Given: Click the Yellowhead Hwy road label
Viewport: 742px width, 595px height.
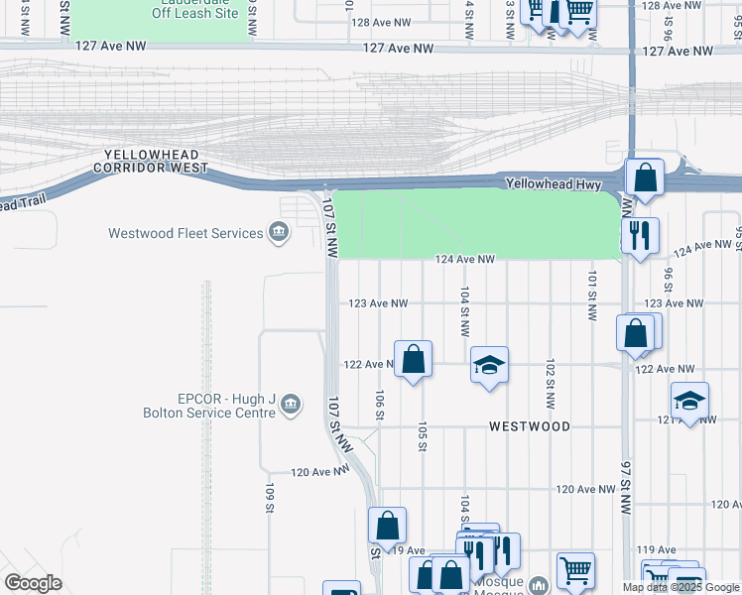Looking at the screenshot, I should point(548,183).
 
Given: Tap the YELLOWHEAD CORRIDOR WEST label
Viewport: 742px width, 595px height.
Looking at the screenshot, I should point(151,162).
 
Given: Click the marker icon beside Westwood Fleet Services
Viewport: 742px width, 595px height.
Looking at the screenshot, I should point(279,234).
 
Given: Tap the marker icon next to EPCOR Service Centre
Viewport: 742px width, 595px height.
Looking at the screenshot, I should point(291,404).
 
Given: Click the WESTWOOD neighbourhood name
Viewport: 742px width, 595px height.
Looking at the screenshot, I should point(530,426).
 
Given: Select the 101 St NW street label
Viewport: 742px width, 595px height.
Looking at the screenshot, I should point(591,296).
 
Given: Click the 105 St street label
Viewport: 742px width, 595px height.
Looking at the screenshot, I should point(423,436).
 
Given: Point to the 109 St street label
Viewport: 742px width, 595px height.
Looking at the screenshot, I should point(269,498).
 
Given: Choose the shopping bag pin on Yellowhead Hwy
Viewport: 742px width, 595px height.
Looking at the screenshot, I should point(645,178).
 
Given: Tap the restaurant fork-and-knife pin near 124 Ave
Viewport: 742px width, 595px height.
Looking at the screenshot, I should point(640,236).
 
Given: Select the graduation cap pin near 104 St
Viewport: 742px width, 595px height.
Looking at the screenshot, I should point(489,365).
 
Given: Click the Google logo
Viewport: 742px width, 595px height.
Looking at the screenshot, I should point(34,583).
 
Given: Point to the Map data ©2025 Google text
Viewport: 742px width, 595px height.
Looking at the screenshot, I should point(681,587).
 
